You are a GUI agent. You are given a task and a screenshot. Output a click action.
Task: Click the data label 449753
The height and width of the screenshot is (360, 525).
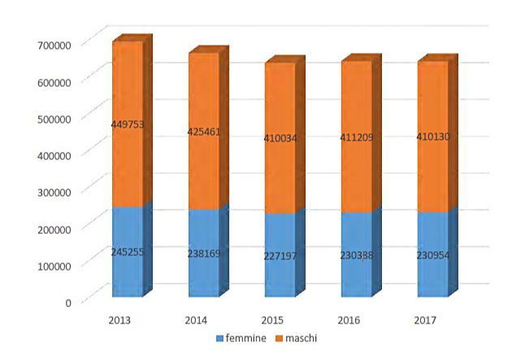click(x=128, y=124)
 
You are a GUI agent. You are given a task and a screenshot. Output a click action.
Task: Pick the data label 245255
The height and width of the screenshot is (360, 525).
click(x=128, y=252)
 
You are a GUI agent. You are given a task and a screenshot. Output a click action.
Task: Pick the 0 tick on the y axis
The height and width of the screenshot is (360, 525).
click(x=68, y=301)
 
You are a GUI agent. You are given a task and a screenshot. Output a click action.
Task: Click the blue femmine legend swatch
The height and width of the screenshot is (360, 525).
click(x=219, y=337)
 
